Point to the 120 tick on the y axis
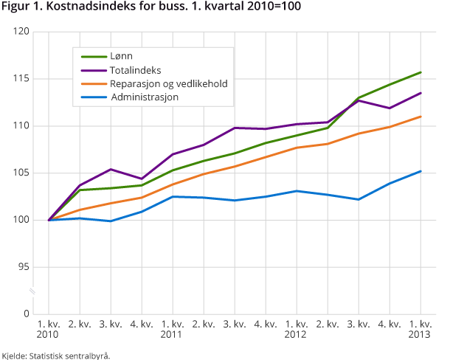(x=21, y=32)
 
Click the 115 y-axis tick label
(x=21, y=79)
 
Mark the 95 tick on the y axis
(x=23, y=267)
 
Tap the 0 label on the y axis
(x=26, y=314)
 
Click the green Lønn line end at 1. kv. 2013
(x=420, y=72)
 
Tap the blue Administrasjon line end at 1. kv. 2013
(x=420, y=171)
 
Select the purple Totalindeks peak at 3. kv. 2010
(x=111, y=169)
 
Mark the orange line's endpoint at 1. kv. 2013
(x=420, y=117)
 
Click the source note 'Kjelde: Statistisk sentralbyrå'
(x=56, y=355)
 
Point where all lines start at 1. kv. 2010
(x=49, y=220)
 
